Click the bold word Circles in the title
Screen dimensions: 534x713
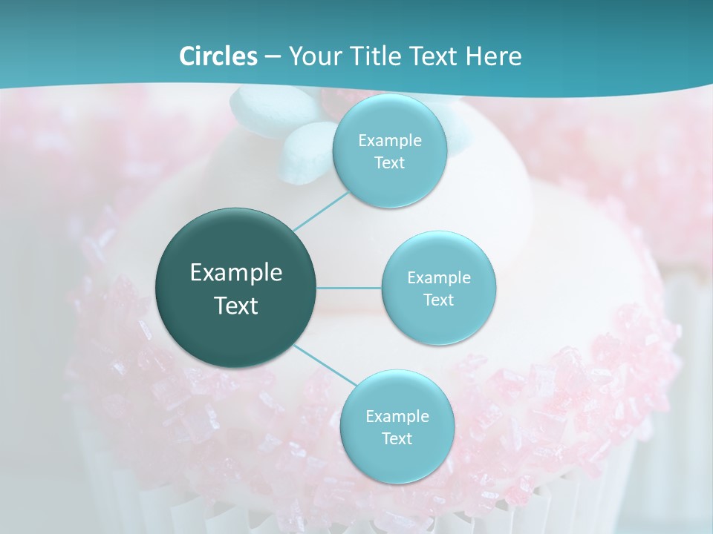click(x=218, y=56)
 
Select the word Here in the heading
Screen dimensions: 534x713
click(x=495, y=56)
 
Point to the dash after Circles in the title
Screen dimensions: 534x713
click(x=273, y=57)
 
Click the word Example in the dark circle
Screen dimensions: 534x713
click(x=236, y=273)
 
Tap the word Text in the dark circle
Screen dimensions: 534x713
click(x=236, y=306)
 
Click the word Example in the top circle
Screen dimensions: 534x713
click(x=389, y=141)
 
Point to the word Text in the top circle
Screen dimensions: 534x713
click(x=389, y=163)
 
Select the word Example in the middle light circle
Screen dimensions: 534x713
click(x=438, y=278)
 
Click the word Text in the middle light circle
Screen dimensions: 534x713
click(x=438, y=300)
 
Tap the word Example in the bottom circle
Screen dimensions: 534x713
click(x=397, y=416)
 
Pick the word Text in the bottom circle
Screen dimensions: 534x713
click(x=397, y=438)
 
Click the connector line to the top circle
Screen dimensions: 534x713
click(x=320, y=211)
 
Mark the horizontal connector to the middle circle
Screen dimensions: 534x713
click(x=349, y=287)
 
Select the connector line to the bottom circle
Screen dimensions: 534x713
click(x=324, y=364)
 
